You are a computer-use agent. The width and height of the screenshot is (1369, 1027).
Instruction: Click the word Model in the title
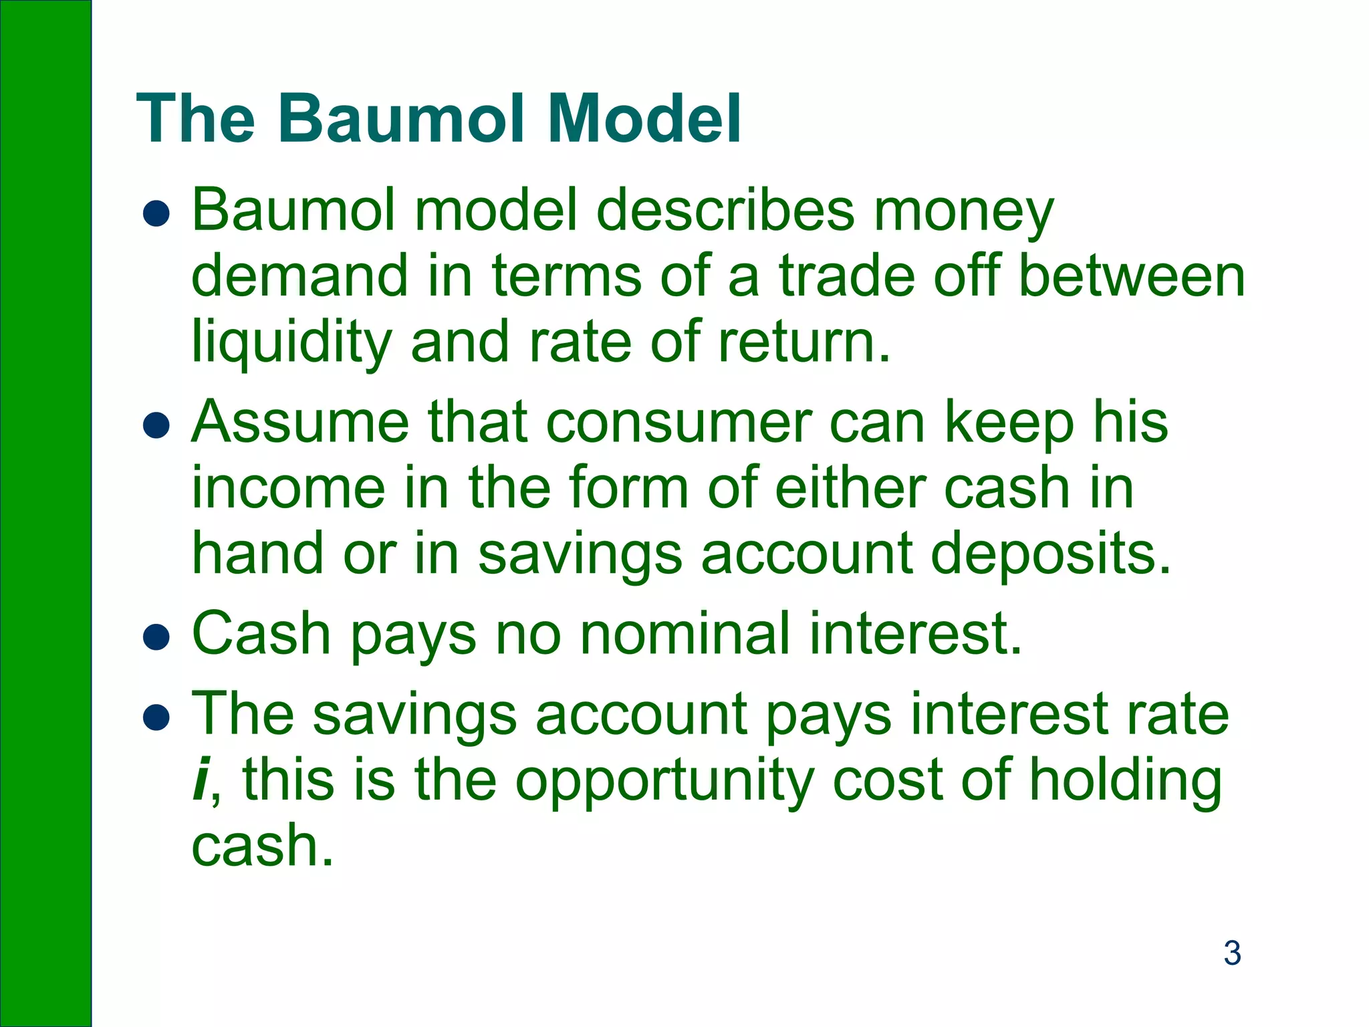click(x=644, y=119)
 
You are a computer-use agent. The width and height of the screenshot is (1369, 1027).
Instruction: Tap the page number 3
click(x=1232, y=953)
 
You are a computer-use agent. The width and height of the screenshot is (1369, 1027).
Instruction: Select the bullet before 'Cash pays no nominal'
click(x=156, y=637)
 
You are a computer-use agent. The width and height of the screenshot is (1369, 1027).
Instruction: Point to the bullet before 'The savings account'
click(x=156, y=717)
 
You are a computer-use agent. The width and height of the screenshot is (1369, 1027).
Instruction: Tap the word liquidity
click(x=291, y=342)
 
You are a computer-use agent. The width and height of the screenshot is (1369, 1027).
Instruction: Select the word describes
click(x=725, y=211)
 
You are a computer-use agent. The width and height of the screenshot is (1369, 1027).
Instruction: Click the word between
click(x=1132, y=277)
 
